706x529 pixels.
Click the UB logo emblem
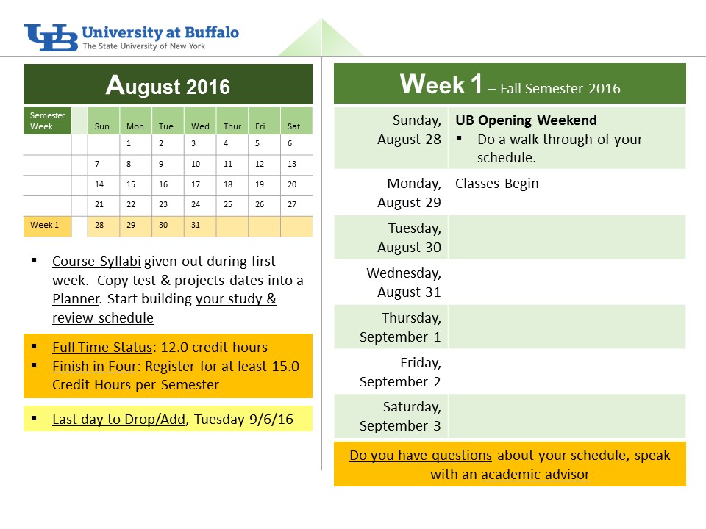[51, 37]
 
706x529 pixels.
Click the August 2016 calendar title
[168, 85]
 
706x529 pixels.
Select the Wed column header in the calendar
[200, 126]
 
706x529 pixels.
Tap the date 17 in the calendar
[196, 184]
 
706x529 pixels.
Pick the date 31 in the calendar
[196, 225]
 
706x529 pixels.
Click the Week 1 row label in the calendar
[45, 225]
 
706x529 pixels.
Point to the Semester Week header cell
[47, 120]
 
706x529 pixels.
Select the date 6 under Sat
[290, 143]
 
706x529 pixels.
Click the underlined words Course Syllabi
[97, 262]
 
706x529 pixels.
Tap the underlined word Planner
[76, 299]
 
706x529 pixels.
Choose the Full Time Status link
[102, 348]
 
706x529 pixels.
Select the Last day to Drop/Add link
[119, 420]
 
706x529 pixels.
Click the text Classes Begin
[497, 184]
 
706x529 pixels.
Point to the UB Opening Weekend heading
[526, 120]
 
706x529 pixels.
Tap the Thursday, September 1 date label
[400, 328]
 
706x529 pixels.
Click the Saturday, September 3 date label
[400, 416]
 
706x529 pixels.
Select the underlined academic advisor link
[535, 474]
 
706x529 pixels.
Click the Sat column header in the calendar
[293, 126]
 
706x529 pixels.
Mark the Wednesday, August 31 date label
[404, 282]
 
